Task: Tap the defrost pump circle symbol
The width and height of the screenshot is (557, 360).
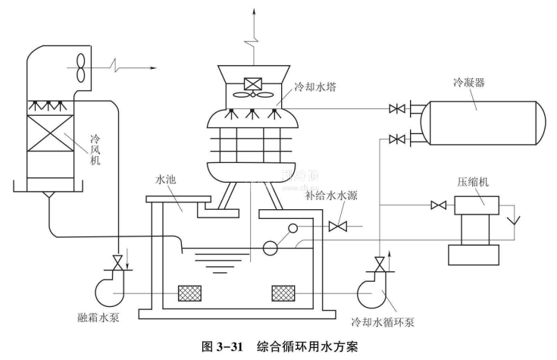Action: (108, 289)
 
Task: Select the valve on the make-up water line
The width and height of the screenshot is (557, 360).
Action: (338, 226)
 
